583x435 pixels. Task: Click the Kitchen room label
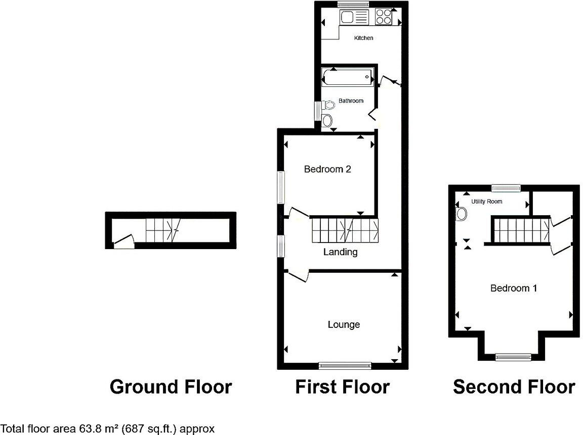pos(363,38)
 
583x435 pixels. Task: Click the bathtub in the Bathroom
pos(348,77)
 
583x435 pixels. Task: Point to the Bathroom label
pos(351,101)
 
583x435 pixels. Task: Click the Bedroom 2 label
pos(327,169)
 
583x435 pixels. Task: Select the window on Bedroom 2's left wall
pos(280,187)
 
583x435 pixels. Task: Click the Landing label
pos(340,252)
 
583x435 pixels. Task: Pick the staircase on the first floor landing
pos(344,230)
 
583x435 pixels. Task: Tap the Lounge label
pos(344,324)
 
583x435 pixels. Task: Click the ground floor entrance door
pos(123,242)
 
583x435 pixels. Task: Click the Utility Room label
pos(487,202)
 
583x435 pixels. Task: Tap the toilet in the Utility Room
pos(461,215)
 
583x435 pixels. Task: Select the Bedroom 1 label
pos(514,288)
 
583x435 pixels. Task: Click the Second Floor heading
pos(514,387)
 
